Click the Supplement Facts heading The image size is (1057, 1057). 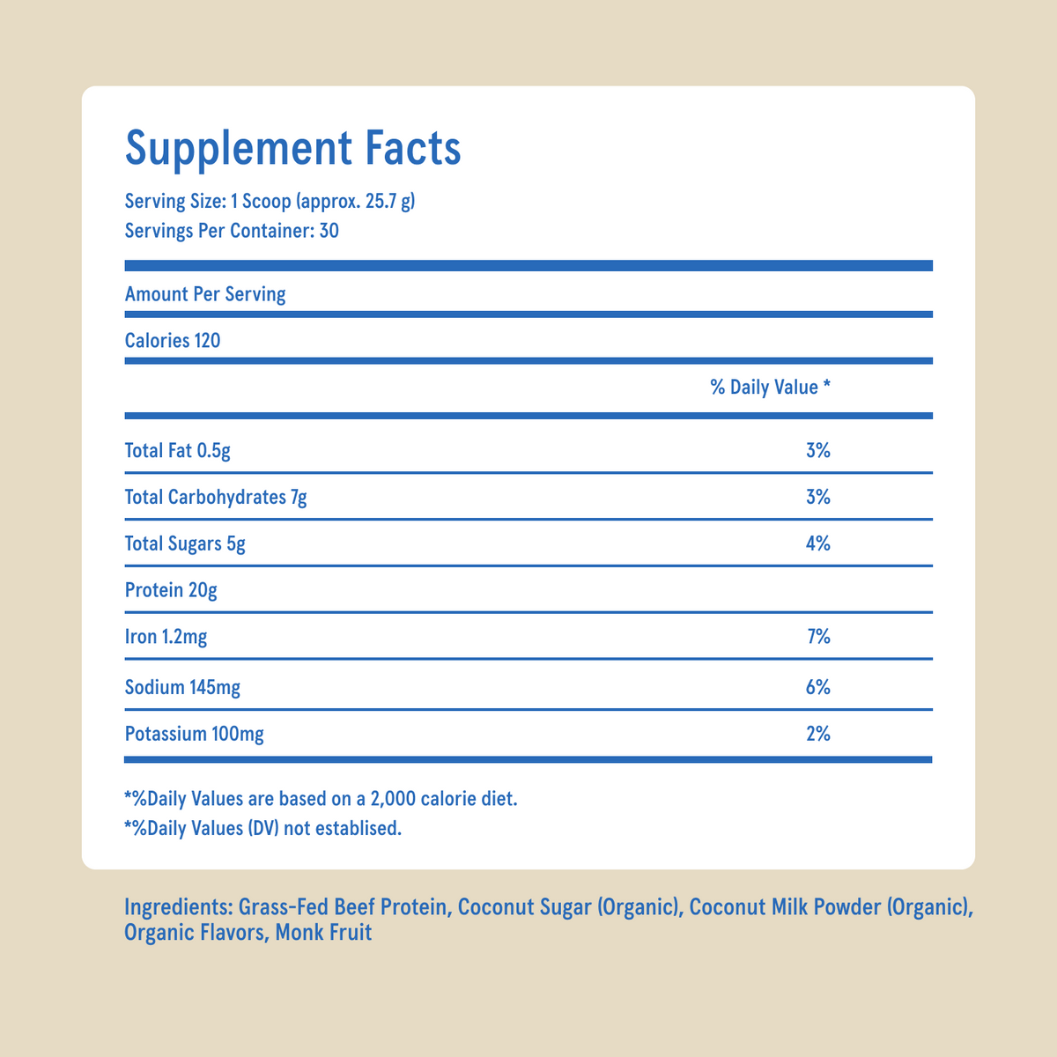293,148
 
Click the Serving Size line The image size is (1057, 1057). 270,202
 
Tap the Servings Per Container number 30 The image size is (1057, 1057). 329,232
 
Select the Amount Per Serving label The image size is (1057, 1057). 205,294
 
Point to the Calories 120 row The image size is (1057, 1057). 173,340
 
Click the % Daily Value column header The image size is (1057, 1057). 770,387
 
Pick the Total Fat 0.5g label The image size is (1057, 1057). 178,451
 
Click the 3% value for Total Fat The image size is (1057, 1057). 818,451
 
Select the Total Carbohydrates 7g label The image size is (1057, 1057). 216,498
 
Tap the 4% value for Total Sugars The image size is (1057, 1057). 818,543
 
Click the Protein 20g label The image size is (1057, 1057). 171,590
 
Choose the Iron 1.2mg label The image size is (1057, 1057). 166,636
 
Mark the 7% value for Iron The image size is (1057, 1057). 818,636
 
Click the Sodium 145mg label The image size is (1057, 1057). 182,687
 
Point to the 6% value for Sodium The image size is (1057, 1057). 818,687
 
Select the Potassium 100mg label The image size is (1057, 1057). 195,733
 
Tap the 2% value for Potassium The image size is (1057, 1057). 818,733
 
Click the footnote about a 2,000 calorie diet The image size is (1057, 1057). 322,800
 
